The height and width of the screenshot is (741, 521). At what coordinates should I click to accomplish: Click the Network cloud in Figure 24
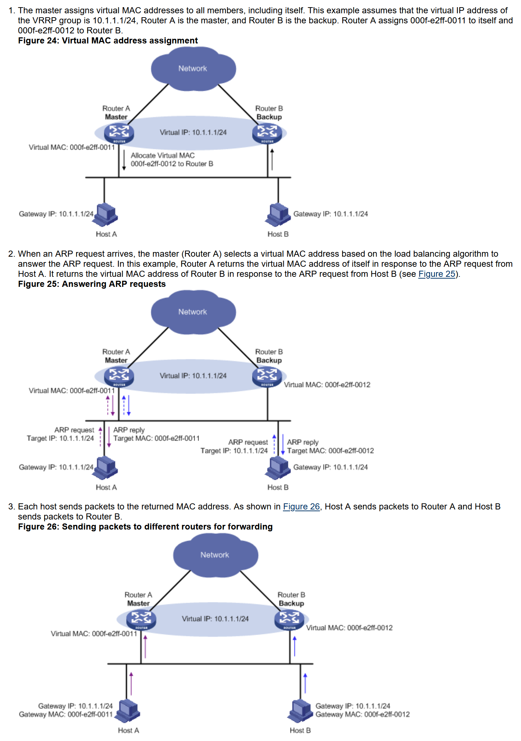[x=193, y=69]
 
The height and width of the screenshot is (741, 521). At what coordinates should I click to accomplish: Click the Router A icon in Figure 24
[x=119, y=133]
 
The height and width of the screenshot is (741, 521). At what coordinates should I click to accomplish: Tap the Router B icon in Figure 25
[x=267, y=377]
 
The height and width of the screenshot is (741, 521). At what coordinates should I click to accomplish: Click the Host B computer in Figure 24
[x=278, y=215]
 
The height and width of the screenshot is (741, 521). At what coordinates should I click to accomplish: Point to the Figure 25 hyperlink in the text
[x=436, y=274]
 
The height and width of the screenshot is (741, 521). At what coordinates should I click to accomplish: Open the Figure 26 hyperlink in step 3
[x=301, y=507]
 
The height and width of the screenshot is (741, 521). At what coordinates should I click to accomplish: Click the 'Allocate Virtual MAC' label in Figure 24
[x=163, y=155]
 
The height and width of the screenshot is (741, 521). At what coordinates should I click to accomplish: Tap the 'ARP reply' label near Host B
[x=303, y=442]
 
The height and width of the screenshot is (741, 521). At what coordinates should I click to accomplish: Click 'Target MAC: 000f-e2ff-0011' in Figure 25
[x=156, y=438]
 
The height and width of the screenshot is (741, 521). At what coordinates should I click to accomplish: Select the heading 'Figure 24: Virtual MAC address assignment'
[x=108, y=41]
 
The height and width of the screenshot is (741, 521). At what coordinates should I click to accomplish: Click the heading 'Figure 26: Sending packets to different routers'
[x=145, y=527]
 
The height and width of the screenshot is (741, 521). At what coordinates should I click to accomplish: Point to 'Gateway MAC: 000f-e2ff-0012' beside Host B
[x=362, y=714]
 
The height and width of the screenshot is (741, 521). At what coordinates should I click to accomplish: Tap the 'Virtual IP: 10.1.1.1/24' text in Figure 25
[x=193, y=376]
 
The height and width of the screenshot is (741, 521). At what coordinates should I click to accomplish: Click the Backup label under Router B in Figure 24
[x=269, y=117]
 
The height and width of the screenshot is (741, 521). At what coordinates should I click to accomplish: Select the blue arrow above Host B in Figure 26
[x=305, y=683]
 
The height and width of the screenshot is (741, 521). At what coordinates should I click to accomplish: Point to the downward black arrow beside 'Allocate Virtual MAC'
[x=124, y=160]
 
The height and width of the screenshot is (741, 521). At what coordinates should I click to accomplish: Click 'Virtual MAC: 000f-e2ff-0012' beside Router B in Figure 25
[x=327, y=385]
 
